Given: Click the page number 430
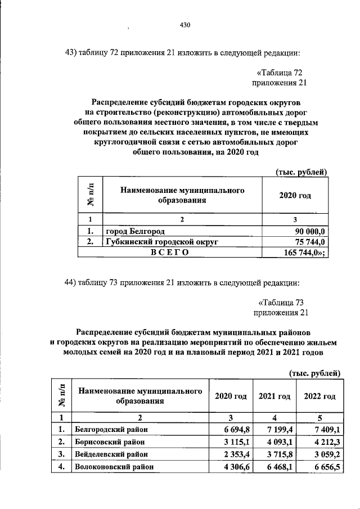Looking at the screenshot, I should tap(186, 25).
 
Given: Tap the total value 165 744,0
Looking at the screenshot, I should tap(309, 253).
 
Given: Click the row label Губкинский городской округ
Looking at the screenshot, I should tap(161, 242).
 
